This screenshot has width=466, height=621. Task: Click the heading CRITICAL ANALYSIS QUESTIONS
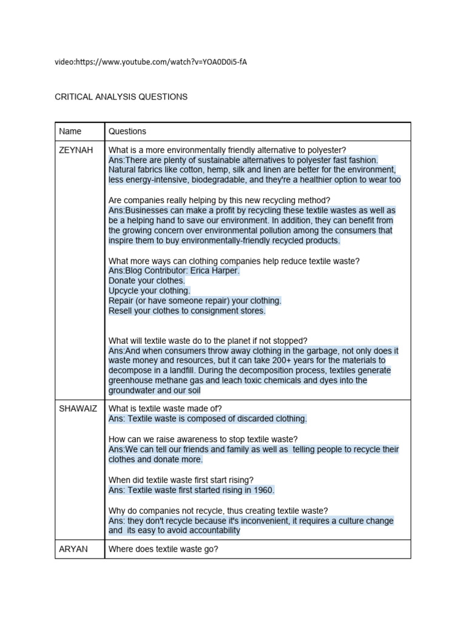(121, 96)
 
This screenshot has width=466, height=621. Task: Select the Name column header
(70, 131)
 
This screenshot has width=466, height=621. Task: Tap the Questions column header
(127, 131)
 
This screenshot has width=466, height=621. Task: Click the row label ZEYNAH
(76, 150)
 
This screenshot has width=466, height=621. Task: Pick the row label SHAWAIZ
(78, 409)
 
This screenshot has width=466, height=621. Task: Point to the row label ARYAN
(73, 549)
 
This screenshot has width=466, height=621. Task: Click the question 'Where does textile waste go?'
(163, 549)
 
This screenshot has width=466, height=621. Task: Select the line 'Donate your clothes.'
(146, 281)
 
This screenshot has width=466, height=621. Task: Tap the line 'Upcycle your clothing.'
(149, 291)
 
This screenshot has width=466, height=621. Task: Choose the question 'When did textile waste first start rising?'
(181, 480)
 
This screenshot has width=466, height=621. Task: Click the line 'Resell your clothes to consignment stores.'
(187, 310)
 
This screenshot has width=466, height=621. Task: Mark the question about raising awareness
(203, 439)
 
